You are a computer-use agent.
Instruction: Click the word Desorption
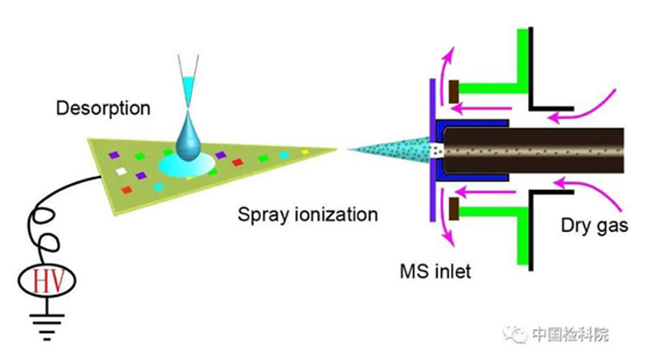103,109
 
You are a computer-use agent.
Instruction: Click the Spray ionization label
308,214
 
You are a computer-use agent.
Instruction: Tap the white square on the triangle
122,171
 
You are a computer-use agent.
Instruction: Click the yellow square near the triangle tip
305,152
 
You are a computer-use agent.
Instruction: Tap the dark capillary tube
534,150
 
